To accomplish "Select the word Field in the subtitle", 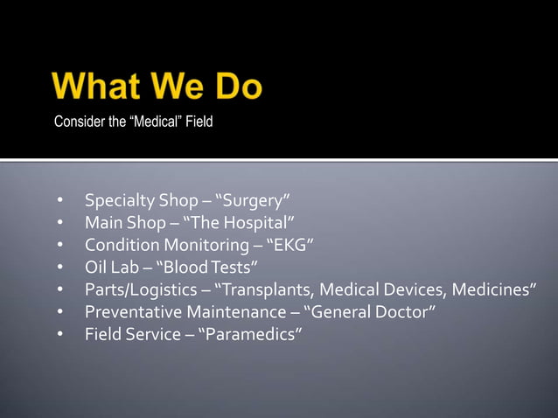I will [198, 122].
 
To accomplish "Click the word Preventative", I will [128, 312].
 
